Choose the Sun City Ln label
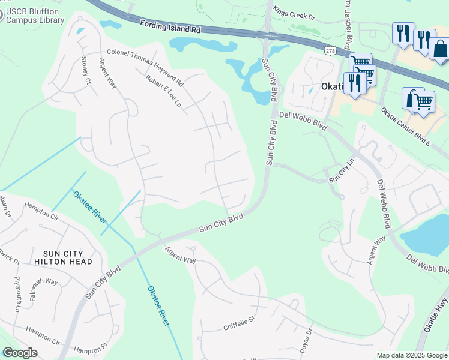click(x=342, y=173)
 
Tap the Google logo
click(x=19, y=353)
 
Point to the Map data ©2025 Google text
click(x=411, y=355)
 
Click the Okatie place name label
click(x=330, y=86)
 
